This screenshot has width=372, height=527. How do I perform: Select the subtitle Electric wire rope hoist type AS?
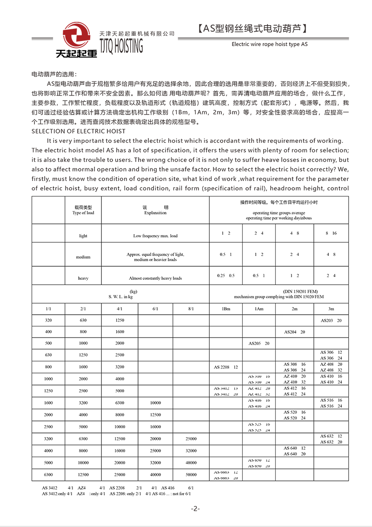click(269, 45)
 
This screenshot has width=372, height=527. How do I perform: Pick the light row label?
click(83, 236)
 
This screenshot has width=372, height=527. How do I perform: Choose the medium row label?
click(83, 257)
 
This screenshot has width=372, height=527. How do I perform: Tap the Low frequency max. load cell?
click(155, 236)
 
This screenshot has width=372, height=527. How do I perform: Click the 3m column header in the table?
click(331, 309)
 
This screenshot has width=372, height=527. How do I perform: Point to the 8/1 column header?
click(191, 309)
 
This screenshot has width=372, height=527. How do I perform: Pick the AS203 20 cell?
click(331, 320)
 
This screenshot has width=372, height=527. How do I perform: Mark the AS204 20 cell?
click(294, 332)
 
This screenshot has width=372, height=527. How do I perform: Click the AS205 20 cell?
click(259, 344)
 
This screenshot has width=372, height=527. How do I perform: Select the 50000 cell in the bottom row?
click(191, 475)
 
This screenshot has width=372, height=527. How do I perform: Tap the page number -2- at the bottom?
click(195, 508)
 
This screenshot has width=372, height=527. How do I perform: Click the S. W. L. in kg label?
click(120, 297)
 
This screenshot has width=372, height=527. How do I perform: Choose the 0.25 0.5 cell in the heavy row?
click(226, 276)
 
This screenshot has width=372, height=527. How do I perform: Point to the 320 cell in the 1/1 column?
click(49, 320)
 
